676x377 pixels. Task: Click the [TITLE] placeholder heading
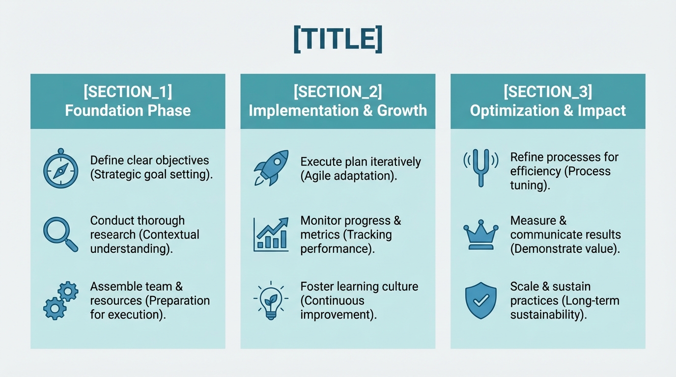click(338, 39)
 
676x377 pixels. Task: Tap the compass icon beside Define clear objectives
click(60, 168)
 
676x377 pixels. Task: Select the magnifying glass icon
click(60, 234)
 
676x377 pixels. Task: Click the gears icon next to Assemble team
click(60, 300)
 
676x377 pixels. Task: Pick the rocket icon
click(271, 167)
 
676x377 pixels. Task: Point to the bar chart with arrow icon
click(271, 234)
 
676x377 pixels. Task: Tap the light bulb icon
click(271, 300)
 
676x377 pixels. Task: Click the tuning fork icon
click(481, 167)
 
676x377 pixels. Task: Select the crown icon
click(481, 234)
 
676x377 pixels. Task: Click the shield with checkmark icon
click(481, 300)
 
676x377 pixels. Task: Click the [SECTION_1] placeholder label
click(128, 92)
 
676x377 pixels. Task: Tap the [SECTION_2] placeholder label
click(338, 92)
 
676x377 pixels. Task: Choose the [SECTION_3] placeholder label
click(548, 92)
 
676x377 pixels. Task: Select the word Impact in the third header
click(602, 110)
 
